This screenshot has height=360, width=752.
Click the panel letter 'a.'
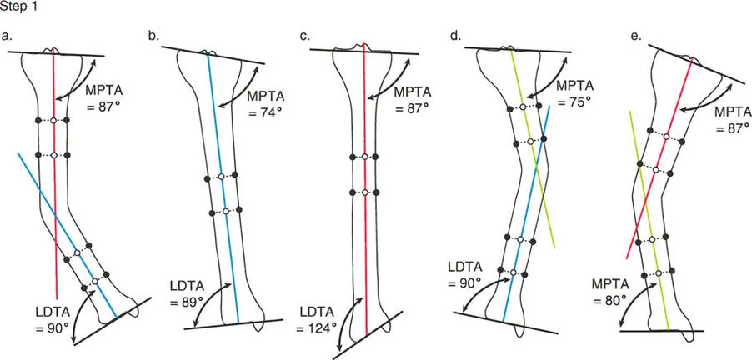coord(8,36)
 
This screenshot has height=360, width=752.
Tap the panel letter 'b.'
coord(154,37)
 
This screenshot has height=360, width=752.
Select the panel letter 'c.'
coord(305,37)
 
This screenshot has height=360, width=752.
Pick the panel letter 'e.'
coord(637,37)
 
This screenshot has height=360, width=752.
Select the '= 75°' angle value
coord(574,102)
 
